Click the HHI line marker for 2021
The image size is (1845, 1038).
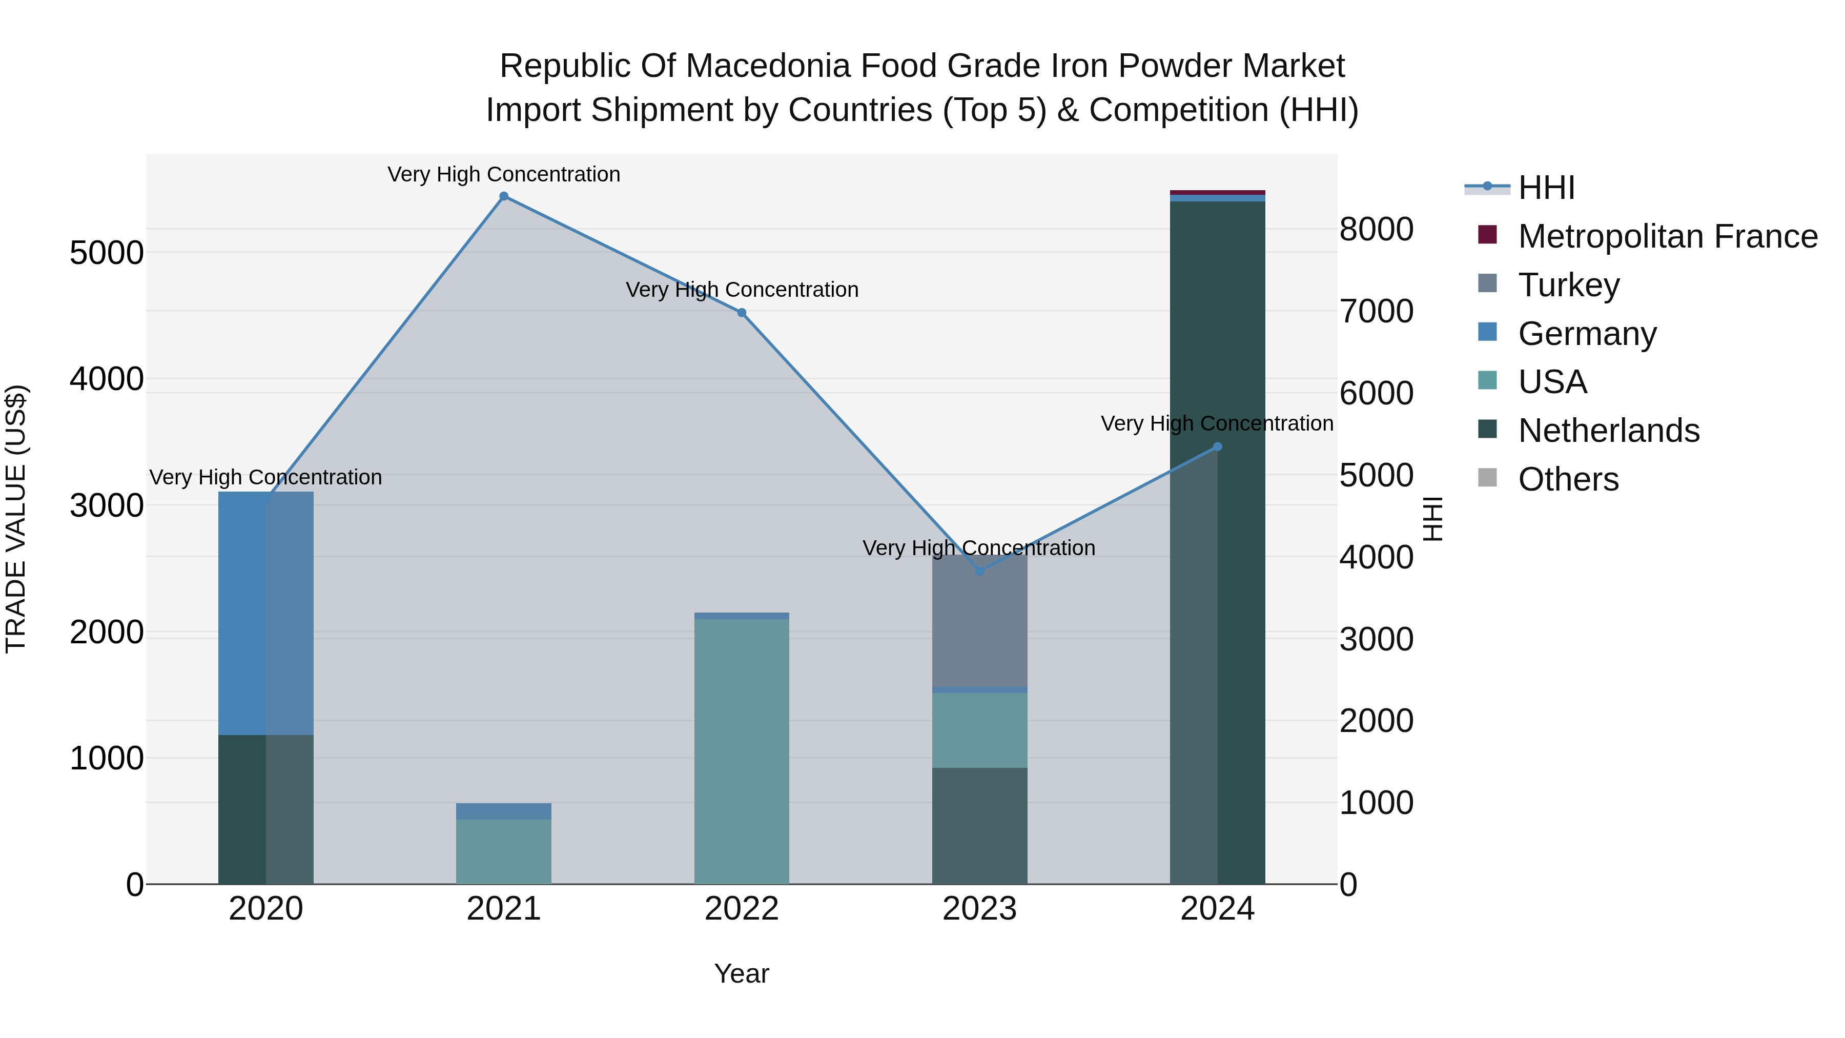click(503, 196)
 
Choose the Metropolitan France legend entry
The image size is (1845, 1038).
click(1667, 236)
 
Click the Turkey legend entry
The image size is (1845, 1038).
click(1569, 285)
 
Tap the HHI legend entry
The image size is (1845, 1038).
click(1546, 188)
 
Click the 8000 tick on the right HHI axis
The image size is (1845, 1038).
click(1377, 230)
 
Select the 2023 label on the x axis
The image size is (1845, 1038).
click(979, 909)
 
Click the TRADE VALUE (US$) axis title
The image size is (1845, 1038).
click(16, 519)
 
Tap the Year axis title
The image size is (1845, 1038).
click(741, 973)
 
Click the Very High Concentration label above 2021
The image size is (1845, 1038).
click(503, 174)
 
